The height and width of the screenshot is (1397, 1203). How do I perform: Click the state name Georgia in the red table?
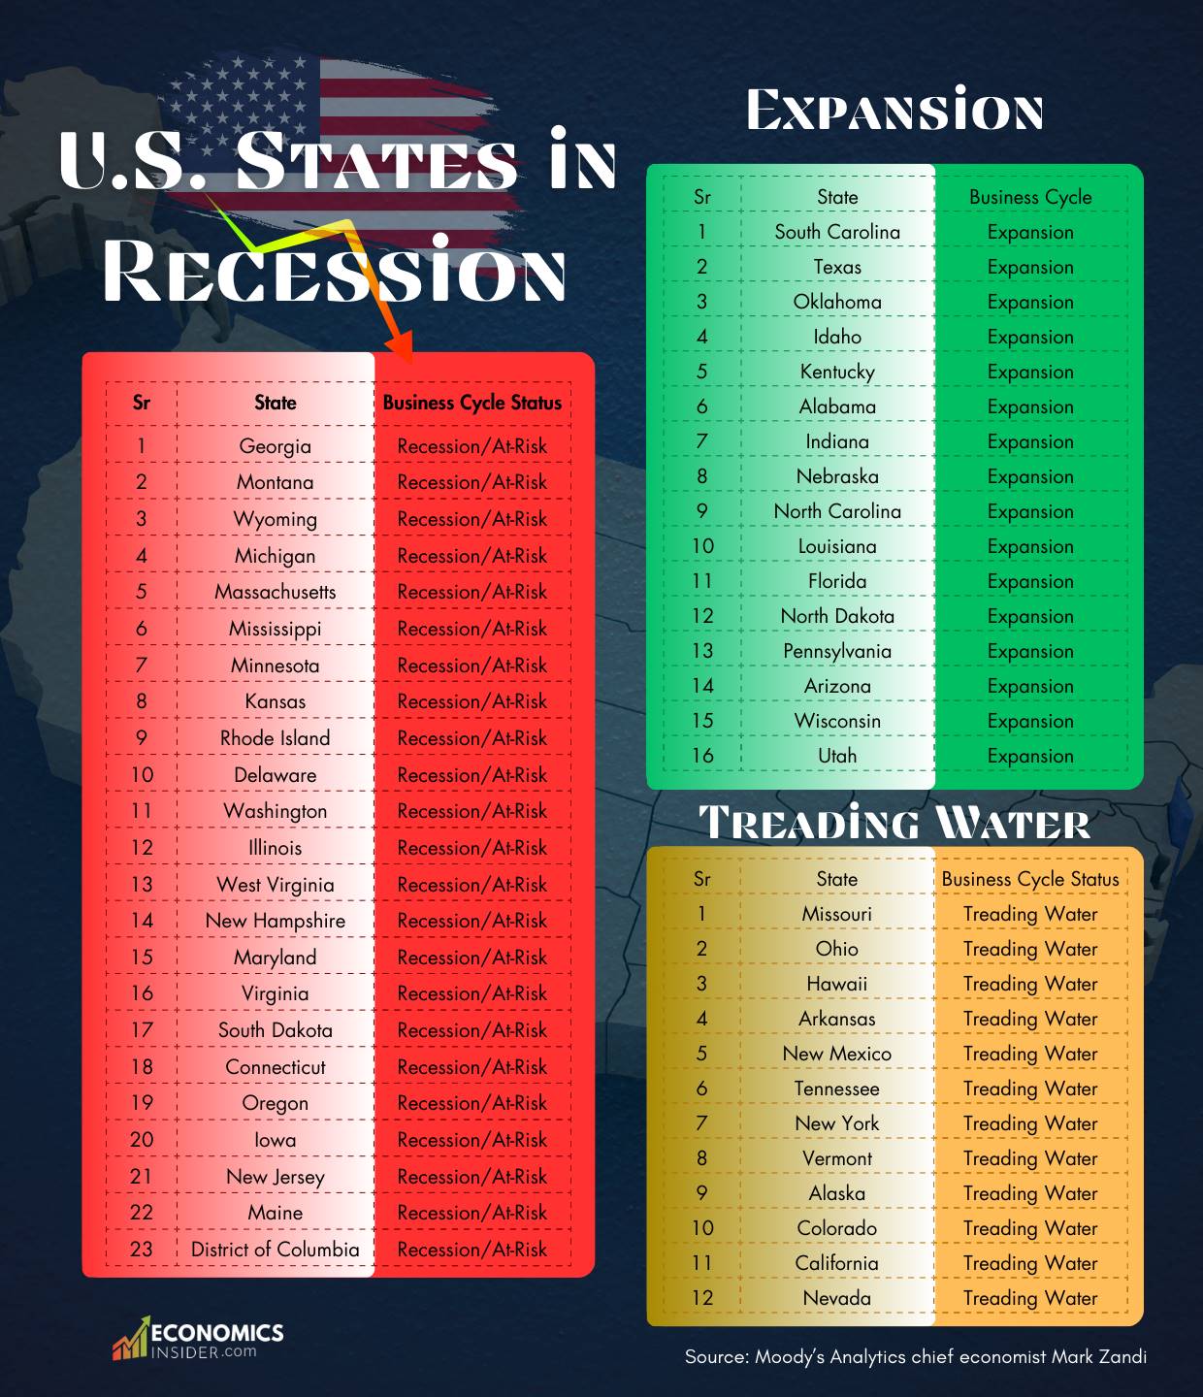pyautogui.click(x=275, y=446)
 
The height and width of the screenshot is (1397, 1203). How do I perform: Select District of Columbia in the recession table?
pyautogui.click(x=275, y=1250)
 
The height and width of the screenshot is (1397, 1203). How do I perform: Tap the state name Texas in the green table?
pyautogui.click(x=837, y=267)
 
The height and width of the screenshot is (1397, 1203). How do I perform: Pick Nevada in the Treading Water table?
pyautogui.click(x=836, y=1298)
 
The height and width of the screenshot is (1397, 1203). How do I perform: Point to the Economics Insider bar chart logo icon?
pyautogui.click(x=130, y=1340)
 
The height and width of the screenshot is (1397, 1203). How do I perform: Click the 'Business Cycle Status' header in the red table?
pyautogui.click(x=471, y=403)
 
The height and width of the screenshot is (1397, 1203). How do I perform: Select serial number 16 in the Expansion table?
pyautogui.click(x=702, y=756)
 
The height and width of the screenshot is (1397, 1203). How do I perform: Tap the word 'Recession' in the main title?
pyautogui.click(x=334, y=271)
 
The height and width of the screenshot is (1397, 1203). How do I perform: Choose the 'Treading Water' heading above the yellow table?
pyautogui.click(x=894, y=823)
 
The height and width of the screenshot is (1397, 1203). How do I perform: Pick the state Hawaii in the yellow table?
pyautogui.click(x=836, y=984)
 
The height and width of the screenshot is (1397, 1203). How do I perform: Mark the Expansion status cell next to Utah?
pyautogui.click(x=1030, y=756)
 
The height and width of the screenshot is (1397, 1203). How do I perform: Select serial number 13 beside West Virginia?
pyautogui.click(x=142, y=885)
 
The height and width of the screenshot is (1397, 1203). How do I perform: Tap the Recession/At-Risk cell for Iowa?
pyautogui.click(x=471, y=1140)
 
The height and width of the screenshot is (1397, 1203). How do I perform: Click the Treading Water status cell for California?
pyautogui.click(x=1030, y=1263)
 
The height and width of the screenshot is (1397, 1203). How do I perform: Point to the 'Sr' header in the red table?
pyautogui.click(x=142, y=403)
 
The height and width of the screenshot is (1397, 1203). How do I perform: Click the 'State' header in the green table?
pyautogui.click(x=837, y=197)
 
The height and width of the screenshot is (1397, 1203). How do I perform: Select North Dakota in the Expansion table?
pyautogui.click(x=837, y=616)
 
